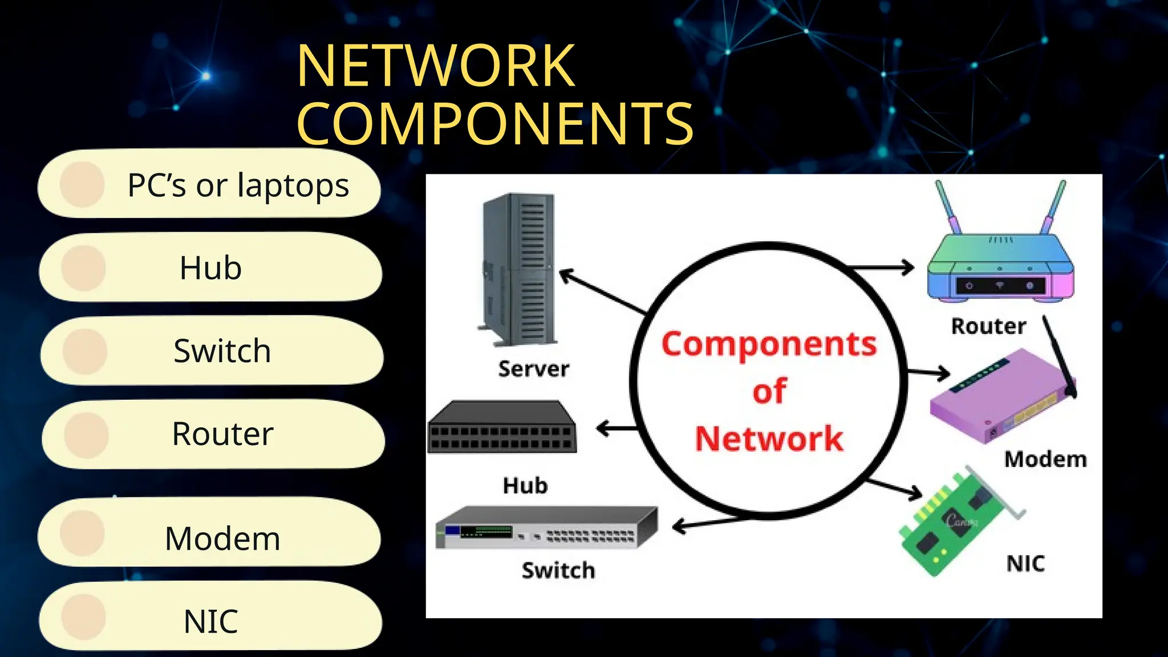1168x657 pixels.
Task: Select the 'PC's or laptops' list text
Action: point(238,185)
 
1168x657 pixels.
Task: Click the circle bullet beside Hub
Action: point(84,268)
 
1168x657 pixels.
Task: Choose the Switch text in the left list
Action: point(222,351)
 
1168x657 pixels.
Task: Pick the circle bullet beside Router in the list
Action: point(86,436)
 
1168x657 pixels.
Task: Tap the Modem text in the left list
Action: point(222,538)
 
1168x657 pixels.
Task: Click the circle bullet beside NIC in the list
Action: point(84,617)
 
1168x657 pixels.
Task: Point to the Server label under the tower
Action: point(533,369)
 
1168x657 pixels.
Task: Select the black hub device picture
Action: point(502,428)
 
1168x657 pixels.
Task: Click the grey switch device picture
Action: point(546,528)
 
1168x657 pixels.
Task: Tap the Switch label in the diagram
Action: point(558,570)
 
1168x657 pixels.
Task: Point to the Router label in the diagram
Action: point(988,326)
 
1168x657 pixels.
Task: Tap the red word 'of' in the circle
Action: point(769,391)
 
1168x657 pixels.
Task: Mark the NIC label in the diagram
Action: point(1025,563)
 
